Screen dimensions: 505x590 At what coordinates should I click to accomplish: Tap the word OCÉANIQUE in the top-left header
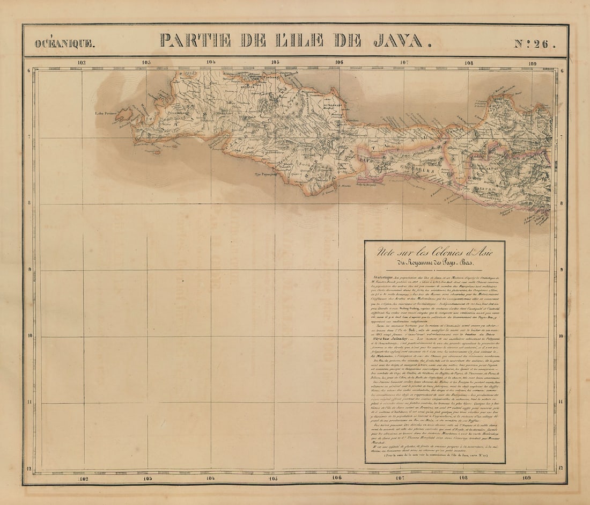tap(64, 43)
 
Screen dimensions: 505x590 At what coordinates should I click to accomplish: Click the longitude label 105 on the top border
tap(275, 62)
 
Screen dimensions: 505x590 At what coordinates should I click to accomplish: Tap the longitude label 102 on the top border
tap(81, 62)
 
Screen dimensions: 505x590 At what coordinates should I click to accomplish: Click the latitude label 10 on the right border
tap(562, 336)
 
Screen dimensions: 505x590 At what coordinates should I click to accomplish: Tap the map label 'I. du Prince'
tap(106, 113)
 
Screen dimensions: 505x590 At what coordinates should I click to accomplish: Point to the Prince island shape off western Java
tap(124, 115)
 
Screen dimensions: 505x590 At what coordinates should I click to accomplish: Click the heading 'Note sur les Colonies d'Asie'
tap(434, 251)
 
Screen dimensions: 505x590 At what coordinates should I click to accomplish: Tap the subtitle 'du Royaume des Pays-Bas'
tap(434, 263)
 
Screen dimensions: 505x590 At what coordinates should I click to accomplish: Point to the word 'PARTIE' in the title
tap(195, 41)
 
